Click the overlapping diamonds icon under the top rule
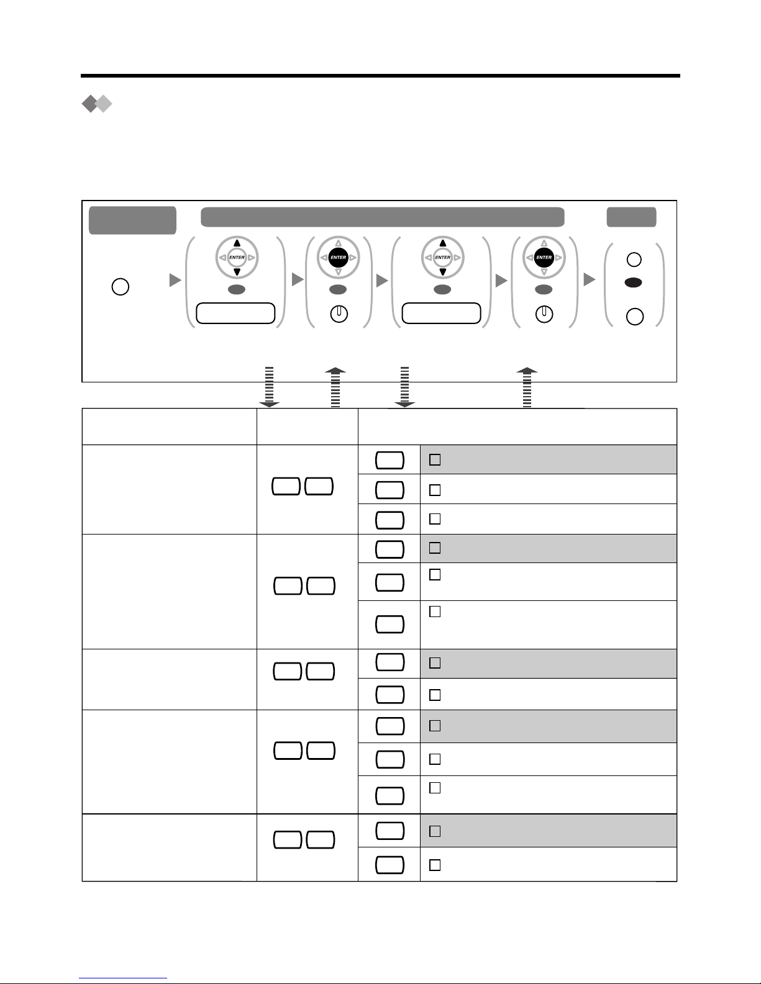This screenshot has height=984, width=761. (97, 104)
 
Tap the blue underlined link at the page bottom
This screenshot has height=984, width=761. (123, 978)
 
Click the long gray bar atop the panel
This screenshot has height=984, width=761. (382, 217)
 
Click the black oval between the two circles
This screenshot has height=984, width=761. (633, 282)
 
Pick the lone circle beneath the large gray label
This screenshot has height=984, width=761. (121, 287)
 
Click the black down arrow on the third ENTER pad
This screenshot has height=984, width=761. (442, 272)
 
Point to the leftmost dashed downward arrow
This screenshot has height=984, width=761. (269, 387)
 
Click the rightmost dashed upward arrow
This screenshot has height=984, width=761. (527, 387)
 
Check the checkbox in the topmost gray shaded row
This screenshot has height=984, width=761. (435, 459)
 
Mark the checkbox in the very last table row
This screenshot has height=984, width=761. (435, 865)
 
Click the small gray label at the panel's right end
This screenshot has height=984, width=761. (631, 217)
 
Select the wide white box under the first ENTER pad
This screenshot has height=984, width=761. (235, 314)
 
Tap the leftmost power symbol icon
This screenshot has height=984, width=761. (339, 314)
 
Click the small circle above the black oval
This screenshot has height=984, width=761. (634, 260)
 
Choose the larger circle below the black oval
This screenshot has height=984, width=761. (635, 317)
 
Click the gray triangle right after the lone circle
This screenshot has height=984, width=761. (175, 280)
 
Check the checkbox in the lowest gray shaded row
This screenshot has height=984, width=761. (435, 831)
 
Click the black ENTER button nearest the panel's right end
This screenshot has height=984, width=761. (544, 257)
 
